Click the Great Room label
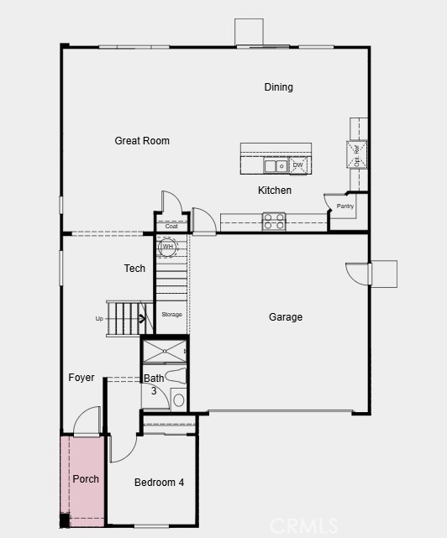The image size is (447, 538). pos(142,141)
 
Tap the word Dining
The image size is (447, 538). pos(278,87)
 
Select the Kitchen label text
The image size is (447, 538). pos(275,191)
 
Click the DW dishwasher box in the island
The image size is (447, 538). pos(298,165)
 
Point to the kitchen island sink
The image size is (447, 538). pos(271,166)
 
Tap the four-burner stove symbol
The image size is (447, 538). pos(274,222)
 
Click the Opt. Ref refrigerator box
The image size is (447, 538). pos(357,154)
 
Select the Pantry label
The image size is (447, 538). pos(345,206)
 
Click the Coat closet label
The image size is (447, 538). pos(171,227)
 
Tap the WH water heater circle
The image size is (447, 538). pos(167,247)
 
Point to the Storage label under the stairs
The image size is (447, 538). pos(171,315)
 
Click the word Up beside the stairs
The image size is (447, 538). pos(99,319)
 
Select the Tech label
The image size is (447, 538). pos(134,269)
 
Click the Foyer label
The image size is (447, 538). pos(82,378)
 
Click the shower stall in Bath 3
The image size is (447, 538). pos(164,350)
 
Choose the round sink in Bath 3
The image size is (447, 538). pos(178,400)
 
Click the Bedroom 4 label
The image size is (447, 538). pos(159,483)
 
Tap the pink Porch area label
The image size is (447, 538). pos(86,479)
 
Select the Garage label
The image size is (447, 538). pos(286,317)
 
